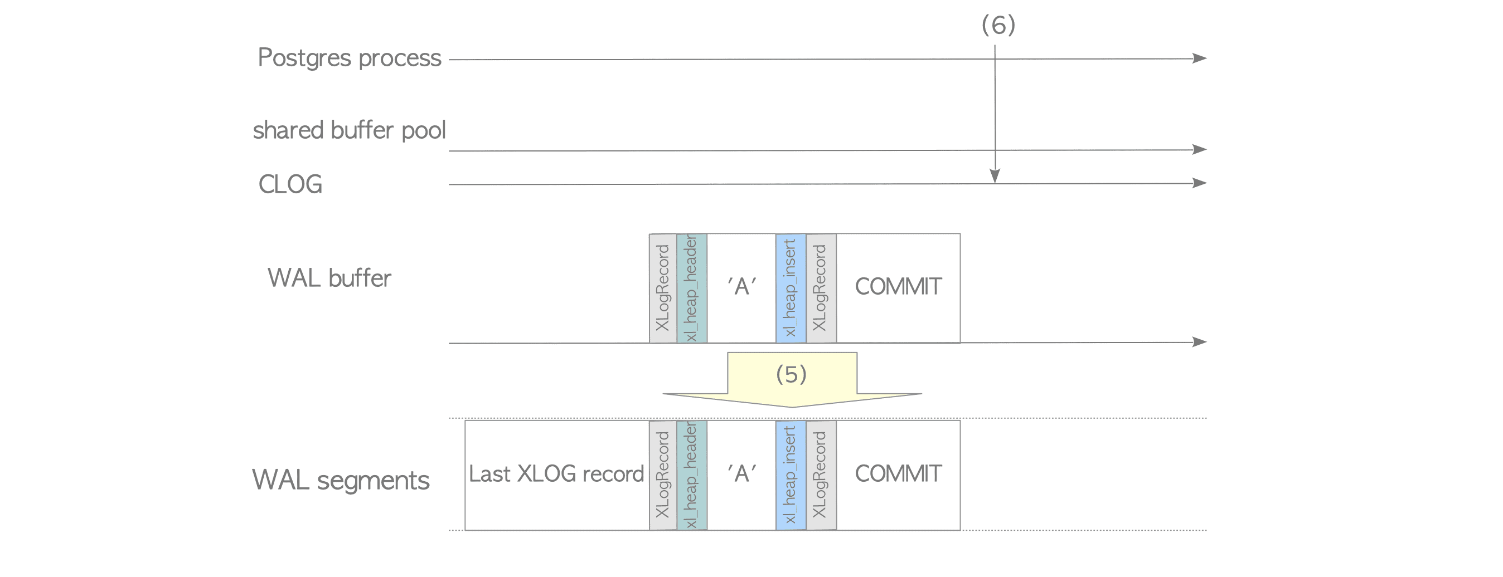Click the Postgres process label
click(x=349, y=58)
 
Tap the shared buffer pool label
click(x=349, y=130)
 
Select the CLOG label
click(x=290, y=184)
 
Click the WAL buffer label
click(x=329, y=278)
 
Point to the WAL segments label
click(x=341, y=480)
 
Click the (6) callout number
click(x=998, y=25)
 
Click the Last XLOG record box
click(x=556, y=475)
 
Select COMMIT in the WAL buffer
click(x=898, y=287)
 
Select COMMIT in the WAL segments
click(x=898, y=474)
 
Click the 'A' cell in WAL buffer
click(x=741, y=287)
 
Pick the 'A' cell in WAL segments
click(x=741, y=474)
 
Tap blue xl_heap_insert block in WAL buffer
click(x=791, y=288)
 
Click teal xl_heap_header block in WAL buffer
click(x=692, y=288)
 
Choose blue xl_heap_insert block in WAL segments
click(x=791, y=475)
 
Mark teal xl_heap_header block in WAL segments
click(x=692, y=475)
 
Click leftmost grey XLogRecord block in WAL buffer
click(x=663, y=288)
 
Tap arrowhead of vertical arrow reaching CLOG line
click(x=995, y=177)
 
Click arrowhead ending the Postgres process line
click(x=1200, y=58)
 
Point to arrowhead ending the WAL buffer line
click(x=1200, y=342)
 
